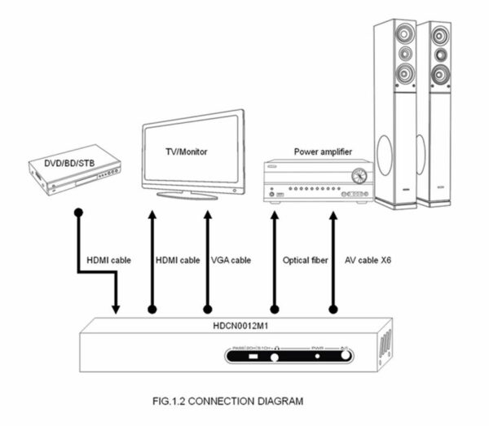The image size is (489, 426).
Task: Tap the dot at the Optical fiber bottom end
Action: [274, 310]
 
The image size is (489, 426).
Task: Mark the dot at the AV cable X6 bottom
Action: [333, 310]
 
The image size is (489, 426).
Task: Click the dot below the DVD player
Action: [78, 213]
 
